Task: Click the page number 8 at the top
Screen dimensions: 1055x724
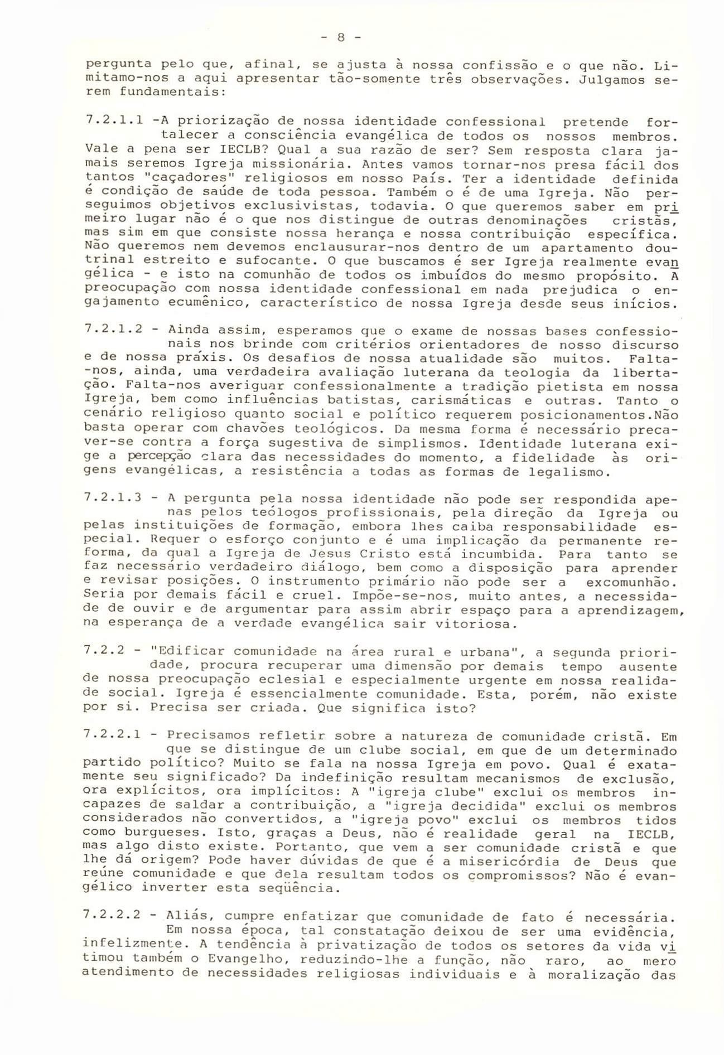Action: [x=342, y=38]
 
